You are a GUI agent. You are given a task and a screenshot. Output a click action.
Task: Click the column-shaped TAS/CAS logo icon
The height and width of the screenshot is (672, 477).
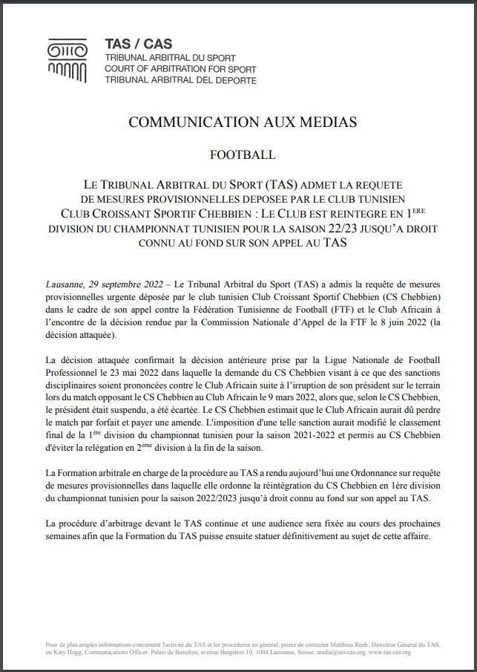coord(67,60)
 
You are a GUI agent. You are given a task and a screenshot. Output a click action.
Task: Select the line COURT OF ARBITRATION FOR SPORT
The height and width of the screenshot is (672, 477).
coord(181,69)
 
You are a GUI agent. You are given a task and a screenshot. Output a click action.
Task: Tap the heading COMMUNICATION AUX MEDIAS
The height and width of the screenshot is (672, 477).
coord(243,123)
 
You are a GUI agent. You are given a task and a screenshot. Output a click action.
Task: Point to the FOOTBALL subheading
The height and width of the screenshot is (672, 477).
coord(243,155)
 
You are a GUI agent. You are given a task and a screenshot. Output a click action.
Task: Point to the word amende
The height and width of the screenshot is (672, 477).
coord(171,423)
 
